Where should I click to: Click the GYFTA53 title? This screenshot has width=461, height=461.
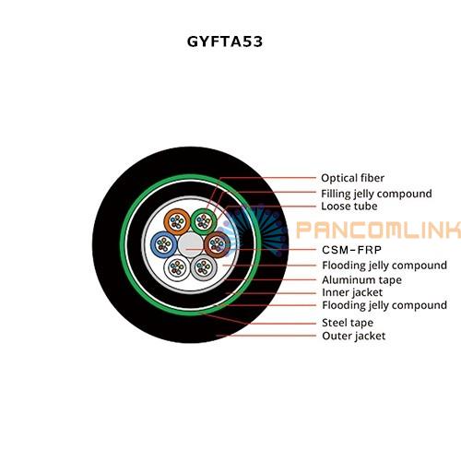tap(225, 41)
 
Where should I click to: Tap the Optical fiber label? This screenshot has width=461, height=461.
tap(352, 178)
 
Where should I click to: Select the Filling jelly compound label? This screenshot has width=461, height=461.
tap(376, 194)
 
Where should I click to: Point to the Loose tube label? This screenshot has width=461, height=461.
tap(349, 207)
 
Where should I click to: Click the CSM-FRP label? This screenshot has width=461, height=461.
tap(351, 250)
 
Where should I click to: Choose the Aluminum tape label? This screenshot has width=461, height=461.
tap(361, 280)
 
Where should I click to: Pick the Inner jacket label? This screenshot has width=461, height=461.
tap(352, 292)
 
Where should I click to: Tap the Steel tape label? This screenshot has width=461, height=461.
tap(348, 323)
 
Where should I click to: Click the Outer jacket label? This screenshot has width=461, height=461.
tap(353, 336)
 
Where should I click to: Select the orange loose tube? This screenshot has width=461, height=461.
tap(177, 221)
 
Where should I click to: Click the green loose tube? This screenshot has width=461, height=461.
tap(204, 221)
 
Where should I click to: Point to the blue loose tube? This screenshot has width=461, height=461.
tap(164, 244)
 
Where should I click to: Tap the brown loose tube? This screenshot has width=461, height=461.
tap(218, 244)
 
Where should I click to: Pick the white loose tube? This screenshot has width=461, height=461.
tap(177, 267)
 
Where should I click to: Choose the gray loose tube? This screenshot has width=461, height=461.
tap(204, 267)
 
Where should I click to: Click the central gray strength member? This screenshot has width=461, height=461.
tap(191, 244)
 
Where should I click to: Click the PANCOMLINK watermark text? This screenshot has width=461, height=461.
tap(379, 230)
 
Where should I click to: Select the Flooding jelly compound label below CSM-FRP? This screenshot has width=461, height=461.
tap(384, 266)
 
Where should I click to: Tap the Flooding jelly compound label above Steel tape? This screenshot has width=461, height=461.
tap(384, 305)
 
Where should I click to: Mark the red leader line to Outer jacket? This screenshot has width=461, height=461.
tap(266, 336)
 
